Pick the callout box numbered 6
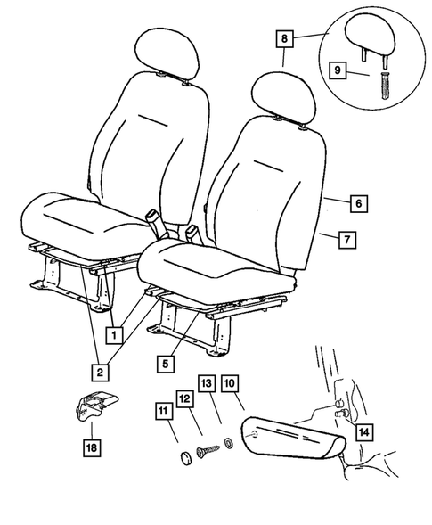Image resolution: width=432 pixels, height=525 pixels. point(356,203)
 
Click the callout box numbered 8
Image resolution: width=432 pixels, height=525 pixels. point(283,39)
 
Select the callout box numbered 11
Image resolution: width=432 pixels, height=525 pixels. point(163,411)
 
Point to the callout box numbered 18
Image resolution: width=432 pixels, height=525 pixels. point(90,447)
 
